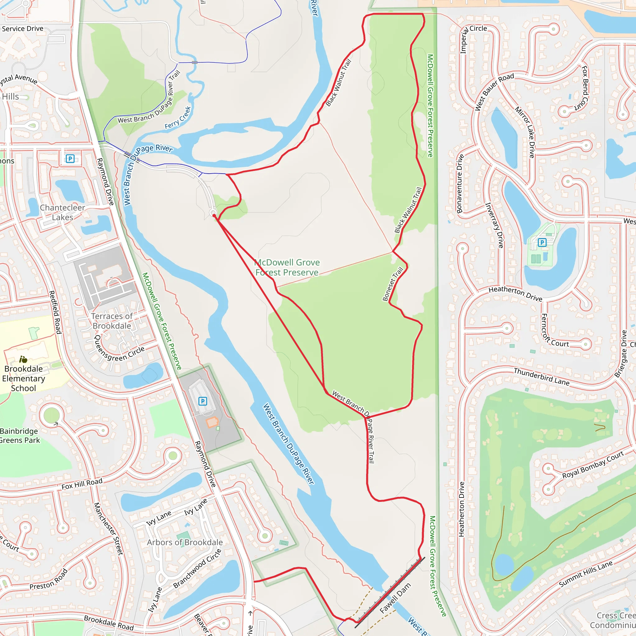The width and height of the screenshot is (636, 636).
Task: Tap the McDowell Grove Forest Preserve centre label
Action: (x=287, y=267)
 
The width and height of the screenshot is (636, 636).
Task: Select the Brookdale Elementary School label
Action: (x=23, y=378)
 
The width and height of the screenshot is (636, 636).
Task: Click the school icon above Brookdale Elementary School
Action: (x=23, y=360)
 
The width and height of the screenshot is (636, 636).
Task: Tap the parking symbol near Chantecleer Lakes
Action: (x=70, y=159)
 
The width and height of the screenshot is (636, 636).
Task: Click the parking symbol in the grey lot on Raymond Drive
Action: (x=203, y=401)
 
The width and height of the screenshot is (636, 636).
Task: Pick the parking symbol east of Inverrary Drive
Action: (x=542, y=243)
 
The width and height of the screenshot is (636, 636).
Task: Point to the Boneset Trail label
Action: (x=393, y=284)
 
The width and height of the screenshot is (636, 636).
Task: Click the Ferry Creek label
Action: (x=178, y=117)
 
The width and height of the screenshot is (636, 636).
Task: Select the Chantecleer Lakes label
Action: (x=62, y=212)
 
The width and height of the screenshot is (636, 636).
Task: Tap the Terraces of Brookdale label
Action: (x=111, y=321)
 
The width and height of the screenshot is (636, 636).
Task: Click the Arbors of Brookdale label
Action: (x=185, y=542)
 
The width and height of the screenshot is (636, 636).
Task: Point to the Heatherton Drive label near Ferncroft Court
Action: (x=515, y=294)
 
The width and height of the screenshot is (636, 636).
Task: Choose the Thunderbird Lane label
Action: (x=542, y=377)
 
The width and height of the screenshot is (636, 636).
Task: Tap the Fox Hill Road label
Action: (x=82, y=484)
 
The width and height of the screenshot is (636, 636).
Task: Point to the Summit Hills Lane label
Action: (x=586, y=574)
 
